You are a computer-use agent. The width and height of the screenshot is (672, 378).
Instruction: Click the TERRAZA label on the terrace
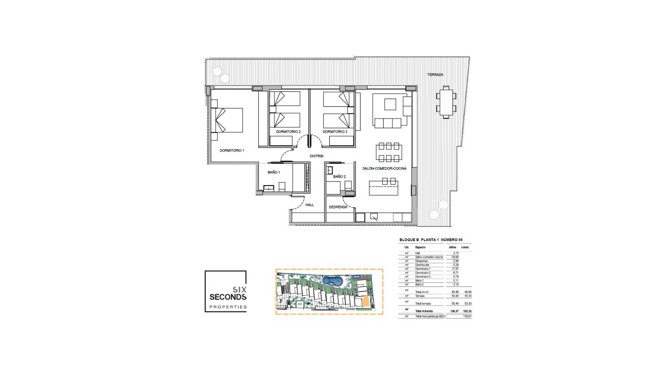click(435, 75)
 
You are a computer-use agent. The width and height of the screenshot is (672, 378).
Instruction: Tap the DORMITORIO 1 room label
click(232, 150)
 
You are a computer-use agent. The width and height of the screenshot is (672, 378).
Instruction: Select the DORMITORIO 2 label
click(288, 132)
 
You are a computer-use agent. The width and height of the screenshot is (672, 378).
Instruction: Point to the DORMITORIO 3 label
click(335, 132)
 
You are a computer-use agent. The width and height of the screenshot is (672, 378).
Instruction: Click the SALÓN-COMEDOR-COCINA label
click(384, 168)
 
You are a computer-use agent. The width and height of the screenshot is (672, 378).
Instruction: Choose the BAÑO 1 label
click(274, 172)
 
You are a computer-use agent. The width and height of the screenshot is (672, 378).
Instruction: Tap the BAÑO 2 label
click(339, 176)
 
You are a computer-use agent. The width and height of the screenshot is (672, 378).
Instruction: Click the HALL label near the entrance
click(309, 205)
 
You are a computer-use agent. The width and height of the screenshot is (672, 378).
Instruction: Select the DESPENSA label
click(338, 207)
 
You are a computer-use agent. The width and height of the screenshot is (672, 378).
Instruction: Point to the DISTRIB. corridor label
click(317, 156)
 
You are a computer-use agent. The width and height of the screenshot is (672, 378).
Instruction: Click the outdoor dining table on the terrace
click(446, 102)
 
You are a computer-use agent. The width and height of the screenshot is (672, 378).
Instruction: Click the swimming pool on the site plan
click(332, 281)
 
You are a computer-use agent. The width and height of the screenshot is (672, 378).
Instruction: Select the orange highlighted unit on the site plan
click(365, 301)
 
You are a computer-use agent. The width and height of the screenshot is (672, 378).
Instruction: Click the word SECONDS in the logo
click(228, 297)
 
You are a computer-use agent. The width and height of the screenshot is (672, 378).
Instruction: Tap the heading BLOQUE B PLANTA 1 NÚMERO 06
click(431, 240)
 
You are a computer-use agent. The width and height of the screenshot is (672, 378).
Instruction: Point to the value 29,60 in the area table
click(455, 257)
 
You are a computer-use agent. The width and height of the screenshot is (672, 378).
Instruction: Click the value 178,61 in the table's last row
click(467, 316)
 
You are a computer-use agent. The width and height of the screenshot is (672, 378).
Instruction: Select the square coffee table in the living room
click(390, 104)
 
